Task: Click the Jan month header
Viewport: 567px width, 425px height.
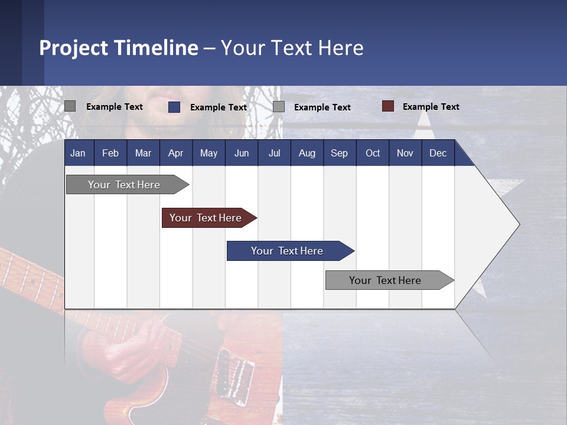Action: coord(78,153)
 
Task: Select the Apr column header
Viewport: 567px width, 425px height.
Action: coord(175,153)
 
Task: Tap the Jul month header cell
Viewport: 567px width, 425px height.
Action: coord(274,153)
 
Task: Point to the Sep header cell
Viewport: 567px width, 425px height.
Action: coord(339,153)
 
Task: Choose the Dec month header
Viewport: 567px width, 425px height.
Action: coord(438,153)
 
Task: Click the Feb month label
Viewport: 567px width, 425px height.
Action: coord(110,153)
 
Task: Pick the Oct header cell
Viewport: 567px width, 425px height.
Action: coord(373,153)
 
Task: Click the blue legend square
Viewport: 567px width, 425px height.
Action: coord(174,107)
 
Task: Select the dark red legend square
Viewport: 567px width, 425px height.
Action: coord(388,106)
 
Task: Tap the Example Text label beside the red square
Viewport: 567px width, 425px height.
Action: coord(431,107)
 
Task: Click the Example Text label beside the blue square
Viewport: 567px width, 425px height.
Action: coord(218,107)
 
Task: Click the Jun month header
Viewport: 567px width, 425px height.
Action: coord(242,153)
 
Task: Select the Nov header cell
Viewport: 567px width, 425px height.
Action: coord(405,153)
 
